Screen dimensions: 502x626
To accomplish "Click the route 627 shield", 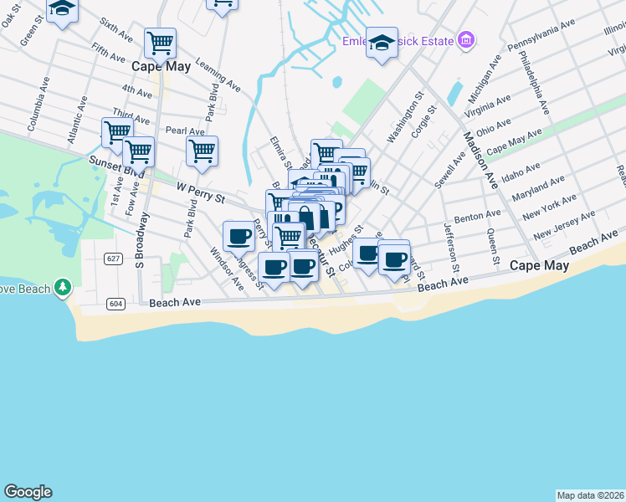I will (113, 259).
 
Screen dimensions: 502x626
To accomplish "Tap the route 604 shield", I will (116, 303).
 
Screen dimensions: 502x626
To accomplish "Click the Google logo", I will (28, 492).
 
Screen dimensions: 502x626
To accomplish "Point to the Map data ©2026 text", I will (590, 494).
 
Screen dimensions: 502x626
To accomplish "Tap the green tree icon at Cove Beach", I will (62, 289).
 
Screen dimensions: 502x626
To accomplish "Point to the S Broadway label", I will (142, 239).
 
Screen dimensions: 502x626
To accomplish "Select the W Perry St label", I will (201, 194).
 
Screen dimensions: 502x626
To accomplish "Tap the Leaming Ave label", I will (217, 75).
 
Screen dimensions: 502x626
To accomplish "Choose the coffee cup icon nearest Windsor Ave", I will (239, 236).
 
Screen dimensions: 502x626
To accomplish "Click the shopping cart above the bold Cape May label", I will (159, 43).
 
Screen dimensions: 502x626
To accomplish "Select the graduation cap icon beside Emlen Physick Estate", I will (382, 44).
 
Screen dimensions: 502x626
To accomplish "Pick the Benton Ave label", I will (477, 217).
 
